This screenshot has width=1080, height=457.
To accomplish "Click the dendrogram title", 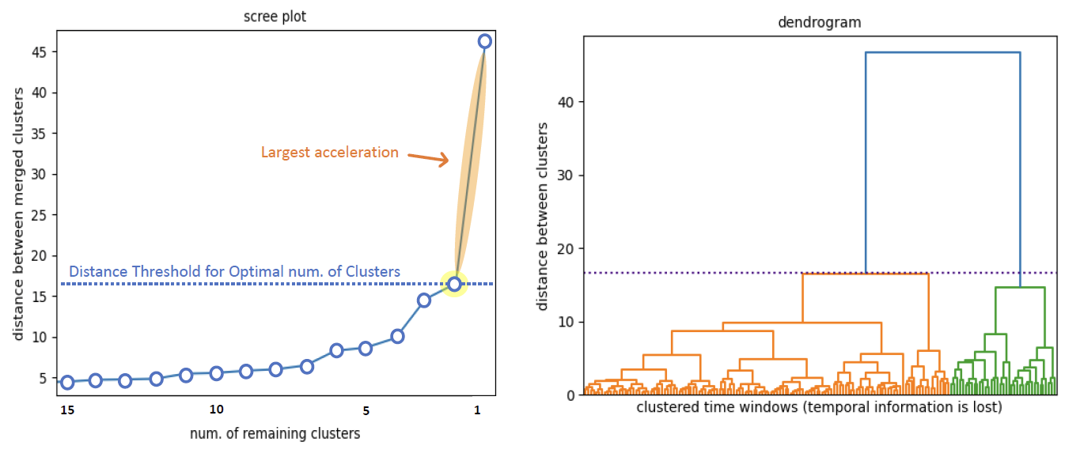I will [x=820, y=23].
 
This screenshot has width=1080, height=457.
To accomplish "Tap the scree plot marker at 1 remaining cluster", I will [x=484, y=41].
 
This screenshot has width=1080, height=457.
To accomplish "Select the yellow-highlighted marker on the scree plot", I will [x=454, y=284].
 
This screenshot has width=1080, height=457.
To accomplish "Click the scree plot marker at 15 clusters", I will [x=67, y=383].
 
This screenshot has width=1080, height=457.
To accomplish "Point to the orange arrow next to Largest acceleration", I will [x=428, y=158].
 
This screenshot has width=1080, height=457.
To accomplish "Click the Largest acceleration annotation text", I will [x=330, y=152].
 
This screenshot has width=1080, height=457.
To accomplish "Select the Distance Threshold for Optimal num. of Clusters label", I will [x=234, y=271].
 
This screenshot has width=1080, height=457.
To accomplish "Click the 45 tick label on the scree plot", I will [x=39, y=52].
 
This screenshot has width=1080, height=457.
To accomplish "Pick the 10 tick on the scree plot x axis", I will [x=216, y=410].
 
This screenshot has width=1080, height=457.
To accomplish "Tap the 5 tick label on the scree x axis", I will [x=366, y=410].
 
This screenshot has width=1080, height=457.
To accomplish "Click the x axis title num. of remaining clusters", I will [x=275, y=433].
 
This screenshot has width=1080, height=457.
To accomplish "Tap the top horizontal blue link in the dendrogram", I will [x=942, y=52].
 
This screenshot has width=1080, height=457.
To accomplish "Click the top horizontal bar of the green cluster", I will [x=1020, y=288].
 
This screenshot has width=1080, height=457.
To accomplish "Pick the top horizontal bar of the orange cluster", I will [x=865, y=274].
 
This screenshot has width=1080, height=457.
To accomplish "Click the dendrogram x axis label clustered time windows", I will [x=820, y=408].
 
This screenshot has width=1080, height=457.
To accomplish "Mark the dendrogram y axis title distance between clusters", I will [x=543, y=216].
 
